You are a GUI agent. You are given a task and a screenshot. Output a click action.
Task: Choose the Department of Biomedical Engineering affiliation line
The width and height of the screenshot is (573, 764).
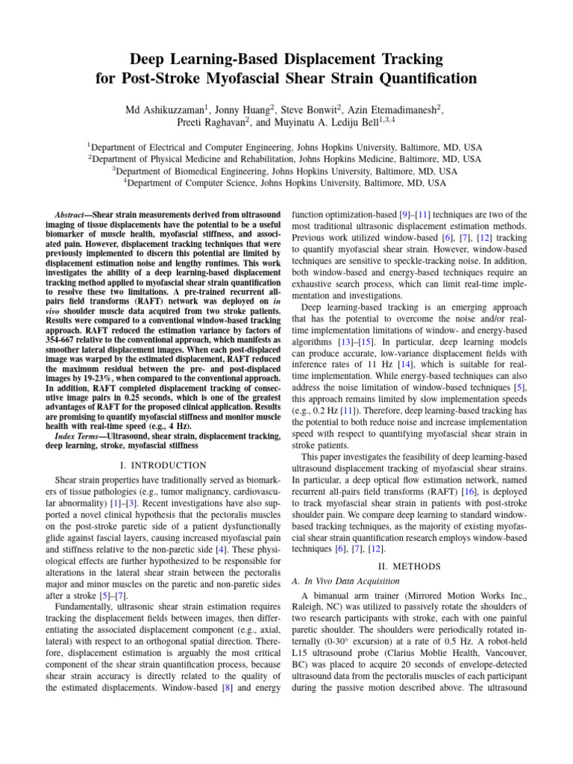click(x=286, y=170)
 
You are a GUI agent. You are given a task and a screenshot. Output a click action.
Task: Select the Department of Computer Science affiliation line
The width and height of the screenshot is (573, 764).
click(x=286, y=181)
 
